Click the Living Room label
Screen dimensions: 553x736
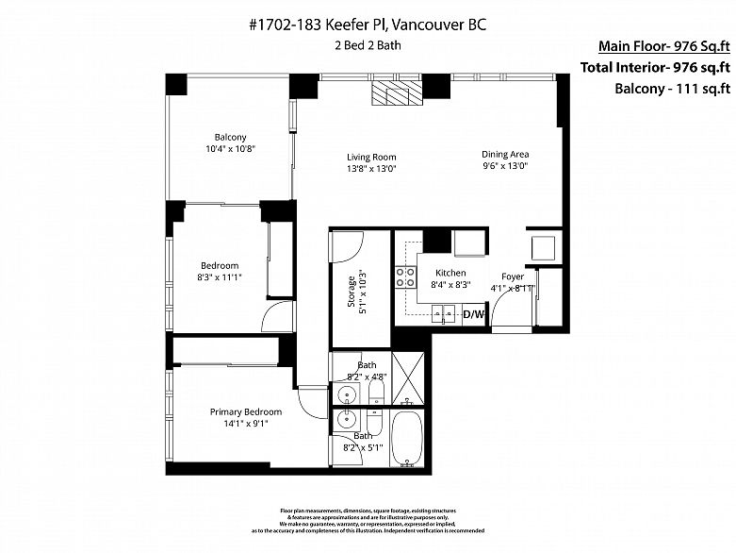click(371, 158)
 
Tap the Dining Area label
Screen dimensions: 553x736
click(505, 155)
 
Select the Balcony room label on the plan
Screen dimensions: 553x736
click(230, 138)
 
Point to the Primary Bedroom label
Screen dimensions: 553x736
click(245, 411)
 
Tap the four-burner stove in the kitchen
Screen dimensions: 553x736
click(405, 277)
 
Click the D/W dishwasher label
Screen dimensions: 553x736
click(472, 314)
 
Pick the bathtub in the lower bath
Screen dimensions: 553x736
click(408, 440)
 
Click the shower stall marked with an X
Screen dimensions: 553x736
click(408, 378)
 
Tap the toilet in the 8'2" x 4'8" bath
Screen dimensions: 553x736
click(376, 393)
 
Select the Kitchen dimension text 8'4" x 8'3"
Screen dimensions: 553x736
click(450, 284)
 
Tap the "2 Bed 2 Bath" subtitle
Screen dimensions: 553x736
click(368, 45)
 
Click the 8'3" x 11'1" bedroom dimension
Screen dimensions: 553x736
click(219, 278)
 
